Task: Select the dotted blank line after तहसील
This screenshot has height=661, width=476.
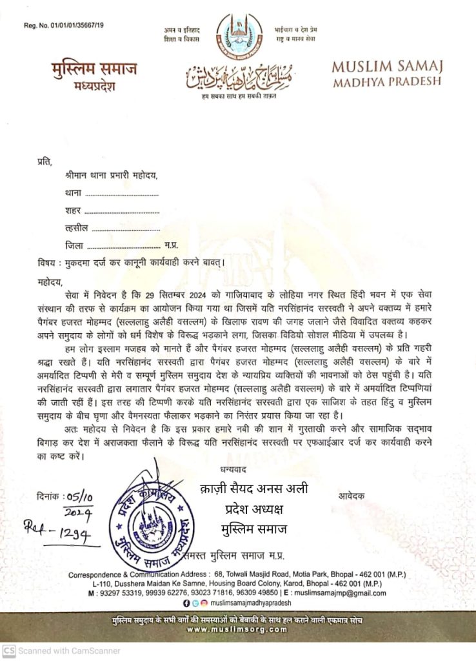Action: (x=129, y=228)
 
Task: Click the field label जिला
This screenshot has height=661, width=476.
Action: (x=74, y=245)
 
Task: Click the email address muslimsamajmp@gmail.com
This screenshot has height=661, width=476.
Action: (x=340, y=593)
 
